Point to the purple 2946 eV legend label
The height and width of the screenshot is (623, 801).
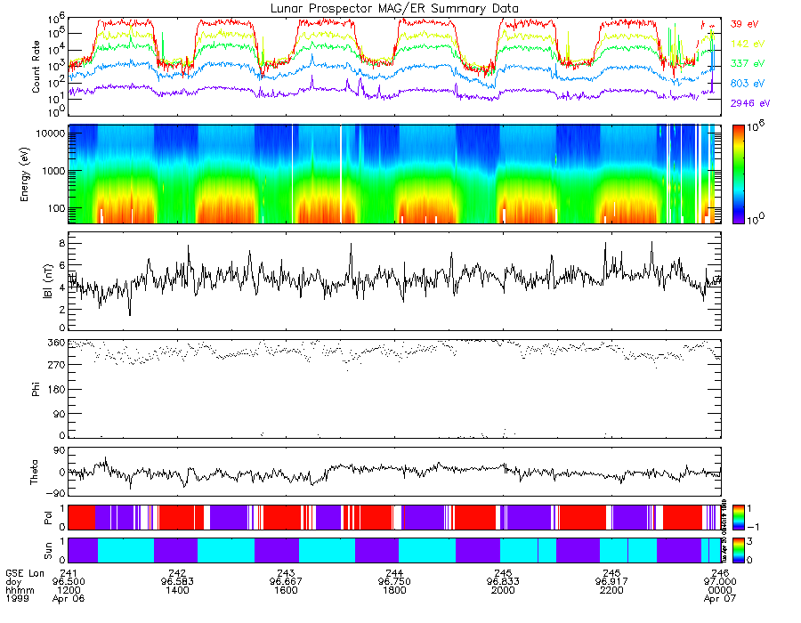750,103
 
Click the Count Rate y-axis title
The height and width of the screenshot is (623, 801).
36,67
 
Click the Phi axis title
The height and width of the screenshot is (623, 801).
36,388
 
